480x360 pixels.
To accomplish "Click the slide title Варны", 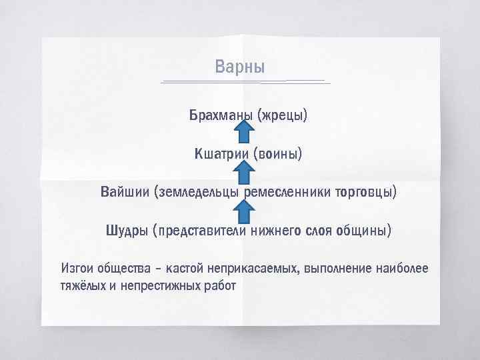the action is tap(240, 67).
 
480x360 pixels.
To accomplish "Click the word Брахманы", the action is tap(219, 116).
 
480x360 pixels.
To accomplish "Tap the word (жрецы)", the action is tap(283, 116).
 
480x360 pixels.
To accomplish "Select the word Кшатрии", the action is tap(221, 155).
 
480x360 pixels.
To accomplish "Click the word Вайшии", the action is tap(125, 193).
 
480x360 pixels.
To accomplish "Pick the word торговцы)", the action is tap(365, 193).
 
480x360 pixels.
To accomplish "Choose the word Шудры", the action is tap(126, 232).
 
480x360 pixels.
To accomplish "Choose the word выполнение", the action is tap(337, 269).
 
